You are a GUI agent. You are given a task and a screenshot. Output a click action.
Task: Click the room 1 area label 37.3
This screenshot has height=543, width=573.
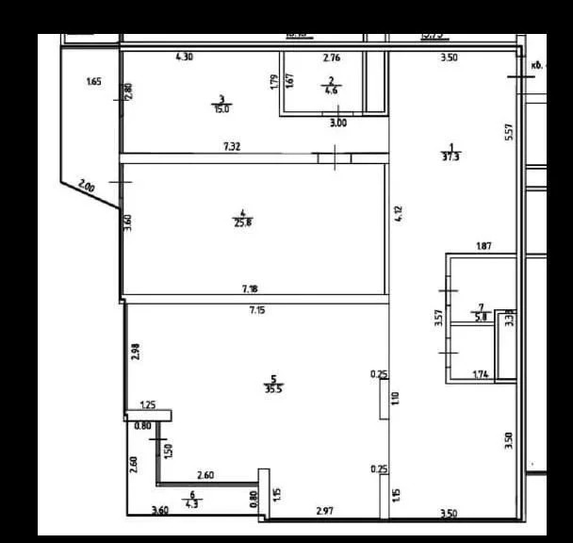pyautogui.click(x=451, y=157)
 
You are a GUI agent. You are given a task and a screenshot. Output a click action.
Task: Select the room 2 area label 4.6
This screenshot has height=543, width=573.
pyautogui.click(x=332, y=91)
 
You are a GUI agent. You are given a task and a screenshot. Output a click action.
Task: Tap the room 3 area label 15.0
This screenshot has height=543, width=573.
pyautogui.click(x=221, y=107)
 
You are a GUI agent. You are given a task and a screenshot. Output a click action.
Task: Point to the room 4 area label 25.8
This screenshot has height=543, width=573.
pyautogui.click(x=242, y=222)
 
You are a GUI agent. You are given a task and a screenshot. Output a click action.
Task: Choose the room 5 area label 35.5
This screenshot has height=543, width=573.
pyautogui.click(x=273, y=387)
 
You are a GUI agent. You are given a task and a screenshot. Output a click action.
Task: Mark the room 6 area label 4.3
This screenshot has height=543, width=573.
pyautogui.click(x=192, y=503)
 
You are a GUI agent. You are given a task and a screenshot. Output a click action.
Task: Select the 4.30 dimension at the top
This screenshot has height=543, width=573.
pyautogui.click(x=185, y=58)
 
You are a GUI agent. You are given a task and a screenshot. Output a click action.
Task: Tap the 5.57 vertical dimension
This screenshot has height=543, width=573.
pyautogui.click(x=509, y=133)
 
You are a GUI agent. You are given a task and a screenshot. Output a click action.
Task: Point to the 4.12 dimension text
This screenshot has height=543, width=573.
pyautogui.click(x=399, y=213)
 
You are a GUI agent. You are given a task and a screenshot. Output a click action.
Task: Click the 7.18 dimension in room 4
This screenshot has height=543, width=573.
pyautogui.click(x=251, y=289)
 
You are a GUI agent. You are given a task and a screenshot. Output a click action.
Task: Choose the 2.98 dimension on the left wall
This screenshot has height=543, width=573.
pyautogui.click(x=135, y=353)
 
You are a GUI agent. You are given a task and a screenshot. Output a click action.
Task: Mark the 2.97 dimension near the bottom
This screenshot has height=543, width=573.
pyautogui.click(x=324, y=510)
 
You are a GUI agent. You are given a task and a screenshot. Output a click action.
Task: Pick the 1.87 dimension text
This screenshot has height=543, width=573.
pyautogui.click(x=483, y=247)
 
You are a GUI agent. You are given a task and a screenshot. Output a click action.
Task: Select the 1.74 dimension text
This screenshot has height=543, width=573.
pyautogui.click(x=481, y=374)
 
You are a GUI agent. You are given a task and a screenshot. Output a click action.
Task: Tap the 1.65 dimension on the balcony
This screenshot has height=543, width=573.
pyautogui.click(x=93, y=82)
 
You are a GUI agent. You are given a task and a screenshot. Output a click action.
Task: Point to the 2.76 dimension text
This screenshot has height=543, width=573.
pyautogui.click(x=332, y=58)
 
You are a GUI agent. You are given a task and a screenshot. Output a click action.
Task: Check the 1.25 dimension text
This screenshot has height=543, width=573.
pyautogui.click(x=147, y=405)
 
